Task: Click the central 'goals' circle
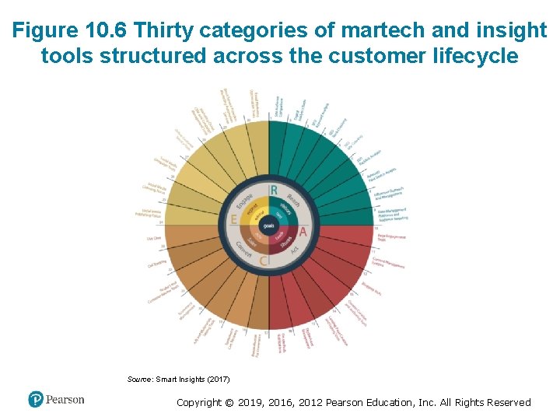268,226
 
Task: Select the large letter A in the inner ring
303,232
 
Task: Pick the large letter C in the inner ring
264,261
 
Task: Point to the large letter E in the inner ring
234,221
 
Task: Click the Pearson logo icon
35,400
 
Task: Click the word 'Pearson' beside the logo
65,400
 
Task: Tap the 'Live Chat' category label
154,239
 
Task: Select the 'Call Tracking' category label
158,264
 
